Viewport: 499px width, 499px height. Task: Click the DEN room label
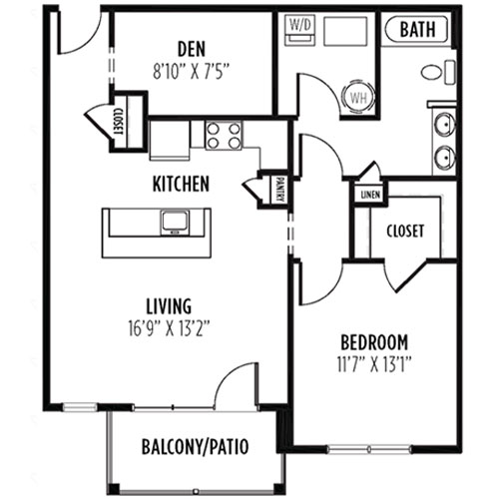pos(192,49)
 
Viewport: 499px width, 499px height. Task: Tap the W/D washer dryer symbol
pos(299,30)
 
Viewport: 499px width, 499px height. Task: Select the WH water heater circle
pos(358,98)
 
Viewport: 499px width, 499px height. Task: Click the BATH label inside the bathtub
pos(417,29)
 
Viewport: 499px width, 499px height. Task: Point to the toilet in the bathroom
pos(437,72)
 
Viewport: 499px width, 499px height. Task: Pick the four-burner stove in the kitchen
pos(224,136)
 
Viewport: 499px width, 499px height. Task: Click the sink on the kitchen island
pos(175,223)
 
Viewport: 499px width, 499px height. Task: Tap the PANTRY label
pos(280,190)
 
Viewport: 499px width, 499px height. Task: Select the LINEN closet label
pos(370,195)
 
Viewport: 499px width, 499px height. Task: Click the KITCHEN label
pos(181,184)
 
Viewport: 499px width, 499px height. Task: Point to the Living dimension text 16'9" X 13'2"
pos(169,328)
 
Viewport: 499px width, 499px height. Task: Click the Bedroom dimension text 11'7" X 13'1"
pos(374,365)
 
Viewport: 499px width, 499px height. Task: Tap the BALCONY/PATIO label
pos(196,447)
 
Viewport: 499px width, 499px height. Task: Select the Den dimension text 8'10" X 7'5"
pos(192,72)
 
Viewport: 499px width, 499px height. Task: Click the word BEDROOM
pos(374,342)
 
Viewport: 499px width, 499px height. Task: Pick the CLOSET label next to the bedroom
pos(405,231)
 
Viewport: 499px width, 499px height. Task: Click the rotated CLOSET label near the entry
pos(120,122)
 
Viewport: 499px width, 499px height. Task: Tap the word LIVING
pos(169,306)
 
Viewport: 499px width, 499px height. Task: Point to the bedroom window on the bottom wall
pos(369,450)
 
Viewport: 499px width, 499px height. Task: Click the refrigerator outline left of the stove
pos(170,140)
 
